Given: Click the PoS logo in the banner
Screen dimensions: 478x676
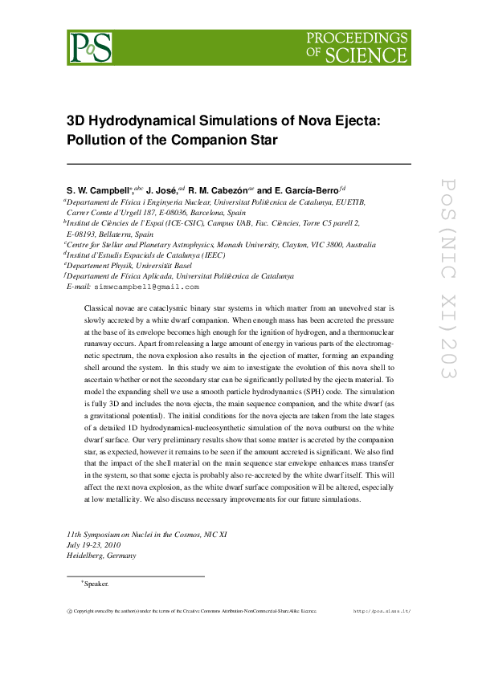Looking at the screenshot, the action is tap(89, 47).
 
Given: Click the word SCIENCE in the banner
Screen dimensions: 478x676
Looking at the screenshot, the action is tap(374, 55).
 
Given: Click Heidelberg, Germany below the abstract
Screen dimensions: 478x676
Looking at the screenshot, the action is tap(102, 555).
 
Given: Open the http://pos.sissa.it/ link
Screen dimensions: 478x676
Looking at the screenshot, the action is tap(382, 611).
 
